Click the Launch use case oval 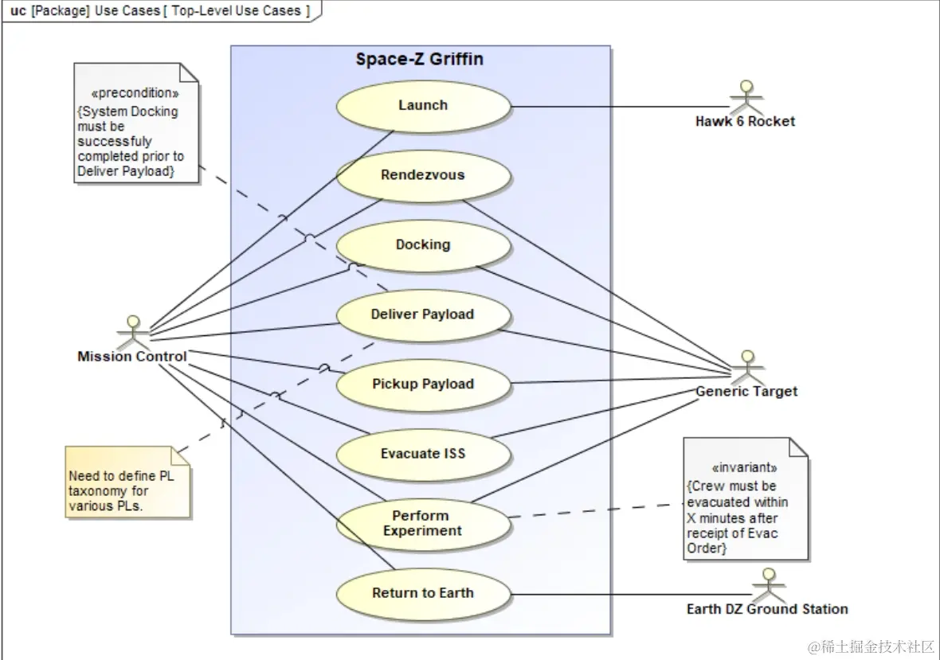click(x=423, y=106)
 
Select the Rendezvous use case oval click(x=423, y=175)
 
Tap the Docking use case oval click(x=423, y=245)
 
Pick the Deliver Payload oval click(x=423, y=314)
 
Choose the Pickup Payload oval click(x=423, y=385)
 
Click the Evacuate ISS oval click(x=423, y=454)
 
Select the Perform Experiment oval click(x=423, y=524)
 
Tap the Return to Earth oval click(x=423, y=593)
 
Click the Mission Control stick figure click(x=132, y=330)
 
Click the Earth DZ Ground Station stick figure click(x=768, y=584)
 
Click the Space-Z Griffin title click(x=419, y=60)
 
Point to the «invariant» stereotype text click(x=743, y=468)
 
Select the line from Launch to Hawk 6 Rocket click(x=621, y=107)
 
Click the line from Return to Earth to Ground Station click(x=629, y=594)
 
